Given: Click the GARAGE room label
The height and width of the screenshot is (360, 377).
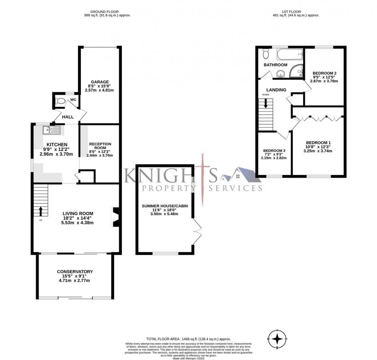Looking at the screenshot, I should point(100,82).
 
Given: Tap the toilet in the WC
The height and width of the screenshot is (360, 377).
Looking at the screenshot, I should point(59,100).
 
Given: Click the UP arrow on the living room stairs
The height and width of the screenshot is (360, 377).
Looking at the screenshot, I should point(41,211).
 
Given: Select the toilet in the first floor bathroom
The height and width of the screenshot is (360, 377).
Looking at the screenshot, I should point(265,54).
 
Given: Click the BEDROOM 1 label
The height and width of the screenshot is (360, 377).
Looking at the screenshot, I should point(318,143).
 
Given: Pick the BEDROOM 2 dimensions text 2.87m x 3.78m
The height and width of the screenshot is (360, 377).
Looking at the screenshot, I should point(324,81).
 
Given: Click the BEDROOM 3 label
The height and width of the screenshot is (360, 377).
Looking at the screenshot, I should point(274,151).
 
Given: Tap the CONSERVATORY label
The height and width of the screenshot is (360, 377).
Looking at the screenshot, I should point(75,272).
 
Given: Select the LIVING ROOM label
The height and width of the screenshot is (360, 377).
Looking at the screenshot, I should point(78,213).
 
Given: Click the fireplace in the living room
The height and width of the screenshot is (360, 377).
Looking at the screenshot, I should point(115,216).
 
